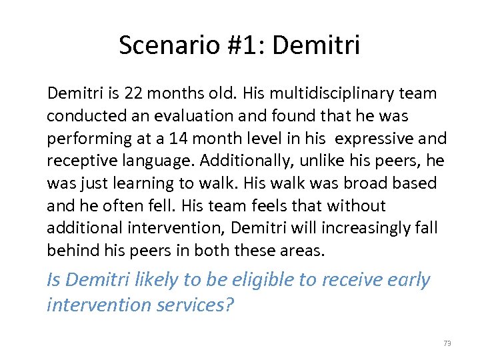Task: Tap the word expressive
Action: pyautogui.click(x=377, y=139)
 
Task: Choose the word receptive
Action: pyautogui.click(x=77, y=161)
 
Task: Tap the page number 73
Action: pyautogui.click(x=447, y=343)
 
